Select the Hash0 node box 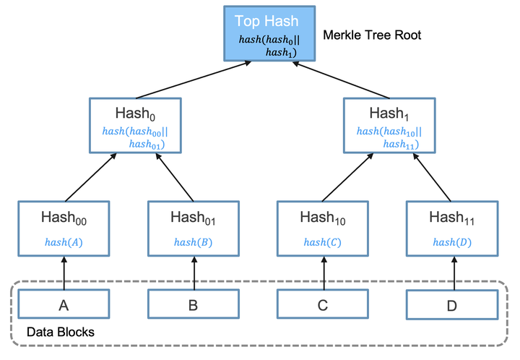pos(135,124)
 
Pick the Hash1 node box pos(389,124)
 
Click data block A pos(64,305)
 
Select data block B pos(192,305)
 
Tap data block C pos(322,305)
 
